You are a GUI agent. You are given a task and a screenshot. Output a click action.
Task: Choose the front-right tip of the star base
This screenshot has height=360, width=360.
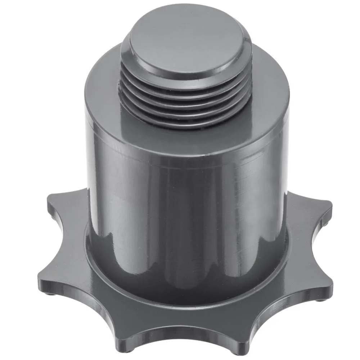239,342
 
